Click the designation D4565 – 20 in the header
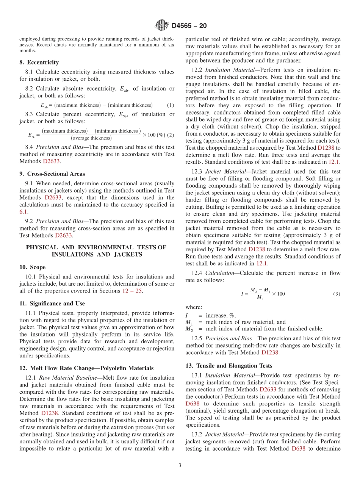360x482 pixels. click(189, 26)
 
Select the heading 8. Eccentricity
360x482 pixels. click(39, 63)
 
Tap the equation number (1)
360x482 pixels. click(171, 105)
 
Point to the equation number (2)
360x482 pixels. click(171, 135)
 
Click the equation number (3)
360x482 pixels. click(337, 294)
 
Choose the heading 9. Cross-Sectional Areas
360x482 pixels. click(52, 174)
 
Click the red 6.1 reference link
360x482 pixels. click(23, 212)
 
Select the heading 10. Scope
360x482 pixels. click(32, 267)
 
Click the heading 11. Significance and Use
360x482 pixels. click(52, 304)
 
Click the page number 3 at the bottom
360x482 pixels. click(180, 465)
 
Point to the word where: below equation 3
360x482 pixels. click(194, 307)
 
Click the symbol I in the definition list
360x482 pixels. click(186, 315)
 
